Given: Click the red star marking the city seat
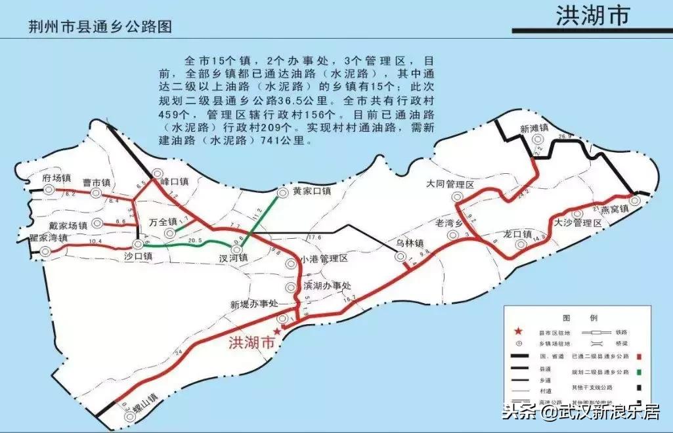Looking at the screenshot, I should [276, 332].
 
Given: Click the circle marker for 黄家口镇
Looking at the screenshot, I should [283, 193].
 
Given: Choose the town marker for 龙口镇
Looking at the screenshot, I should [521, 245].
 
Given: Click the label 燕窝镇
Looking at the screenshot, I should [615, 209].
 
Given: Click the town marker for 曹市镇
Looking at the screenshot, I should [96, 193].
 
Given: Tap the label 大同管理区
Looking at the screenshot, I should [450, 184].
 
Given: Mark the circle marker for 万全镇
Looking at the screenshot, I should [170, 233].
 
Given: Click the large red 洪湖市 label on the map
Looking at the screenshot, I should [250, 342].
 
